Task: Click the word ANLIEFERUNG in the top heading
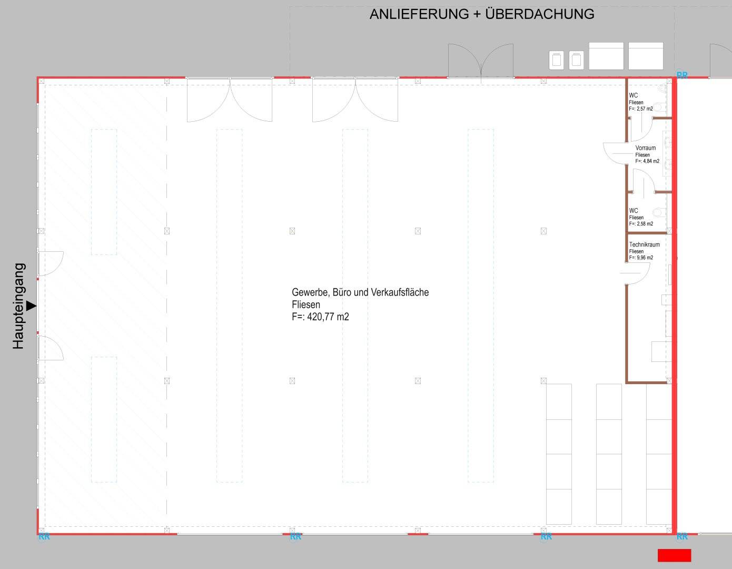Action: (x=419, y=14)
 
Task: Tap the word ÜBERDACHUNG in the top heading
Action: (x=540, y=14)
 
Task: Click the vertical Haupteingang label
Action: (x=18, y=306)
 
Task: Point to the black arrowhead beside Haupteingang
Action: (x=31, y=306)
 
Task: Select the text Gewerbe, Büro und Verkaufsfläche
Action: (x=360, y=292)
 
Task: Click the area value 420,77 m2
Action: (x=328, y=317)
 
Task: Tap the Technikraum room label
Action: (x=645, y=244)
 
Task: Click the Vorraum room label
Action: (x=646, y=148)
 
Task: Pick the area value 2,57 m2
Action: (x=645, y=109)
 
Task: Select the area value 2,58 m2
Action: (x=645, y=224)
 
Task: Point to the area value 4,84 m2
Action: (x=651, y=161)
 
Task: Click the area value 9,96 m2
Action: (x=645, y=258)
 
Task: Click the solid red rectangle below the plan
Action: (x=675, y=555)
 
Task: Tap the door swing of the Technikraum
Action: (x=635, y=273)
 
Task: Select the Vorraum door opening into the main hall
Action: (x=615, y=154)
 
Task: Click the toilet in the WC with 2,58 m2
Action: (x=659, y=212)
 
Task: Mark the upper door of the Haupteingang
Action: (x=51, y=264)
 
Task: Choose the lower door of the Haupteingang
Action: (x=51, y=348)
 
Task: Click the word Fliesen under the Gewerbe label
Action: (x=306, y=305)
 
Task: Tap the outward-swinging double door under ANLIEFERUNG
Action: (x=481, y=61)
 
